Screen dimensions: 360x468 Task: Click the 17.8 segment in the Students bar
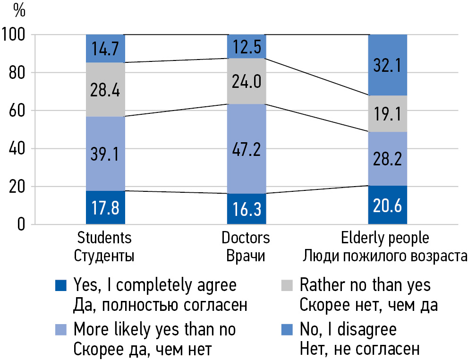point(105,207)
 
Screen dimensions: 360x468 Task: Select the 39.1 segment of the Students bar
point(105,154)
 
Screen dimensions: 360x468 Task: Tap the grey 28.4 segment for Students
point(105,89)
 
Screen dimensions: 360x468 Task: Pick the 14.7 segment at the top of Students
point(105,49)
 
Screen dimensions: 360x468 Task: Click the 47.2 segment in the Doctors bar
point(247,148)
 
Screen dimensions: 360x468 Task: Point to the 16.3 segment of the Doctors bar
point(247,209)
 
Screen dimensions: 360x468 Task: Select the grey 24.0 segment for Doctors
point(247,81)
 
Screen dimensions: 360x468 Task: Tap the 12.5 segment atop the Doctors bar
point(247,46)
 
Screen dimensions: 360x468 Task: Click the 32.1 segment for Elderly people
point(388,65)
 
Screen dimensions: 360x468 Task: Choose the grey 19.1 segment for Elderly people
point(388,113)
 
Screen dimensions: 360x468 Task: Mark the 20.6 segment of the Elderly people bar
point(388,205)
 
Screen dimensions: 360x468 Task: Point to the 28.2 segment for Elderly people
point(388,159)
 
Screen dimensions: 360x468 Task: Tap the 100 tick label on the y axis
point(16,35)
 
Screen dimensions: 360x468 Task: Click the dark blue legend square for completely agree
point(61,286)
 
